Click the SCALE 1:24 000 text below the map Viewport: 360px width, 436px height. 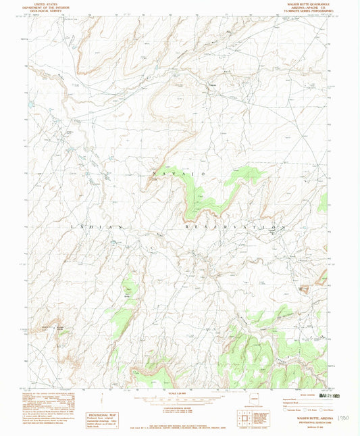pos(180,393)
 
